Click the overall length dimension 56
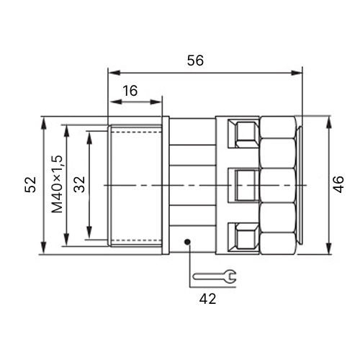pos(195,60)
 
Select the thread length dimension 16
pos(130,91)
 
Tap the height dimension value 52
pos(30,184)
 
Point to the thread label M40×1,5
pos(57,184)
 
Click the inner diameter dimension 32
pos(79,184)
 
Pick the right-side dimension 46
pos(338,184)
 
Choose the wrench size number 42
pos(207,299)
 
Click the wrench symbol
pos(215,276)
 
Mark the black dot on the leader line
pos(187,242)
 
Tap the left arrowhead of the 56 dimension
pos(114,73)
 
